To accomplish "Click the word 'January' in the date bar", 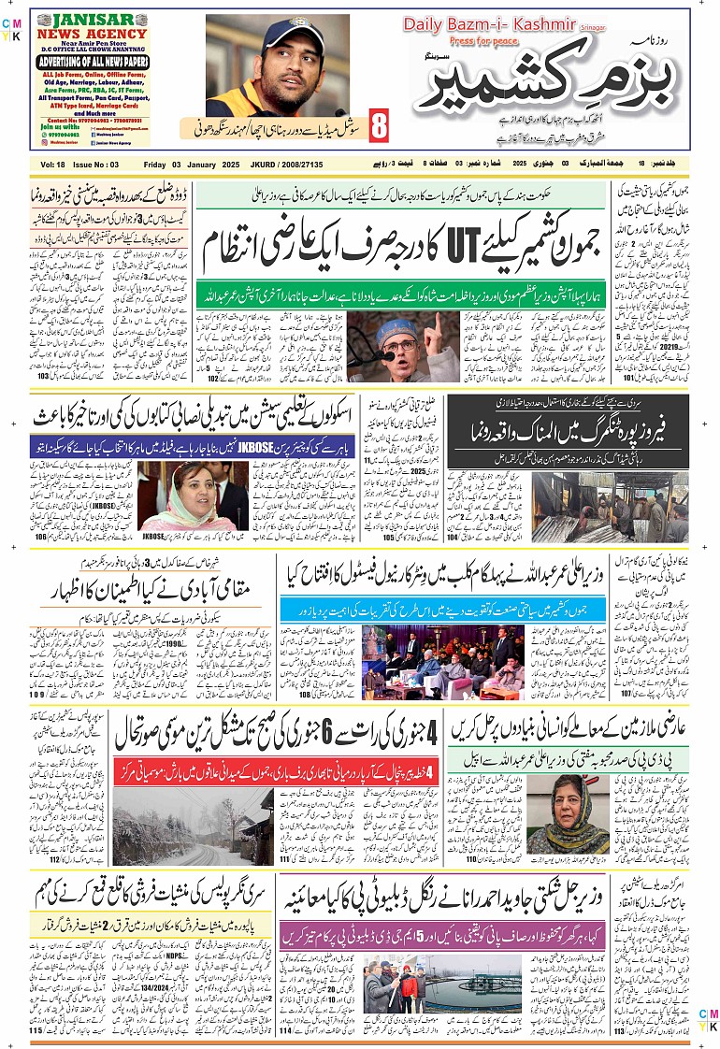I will click(203, 165).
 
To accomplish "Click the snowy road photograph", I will click(194, 826).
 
